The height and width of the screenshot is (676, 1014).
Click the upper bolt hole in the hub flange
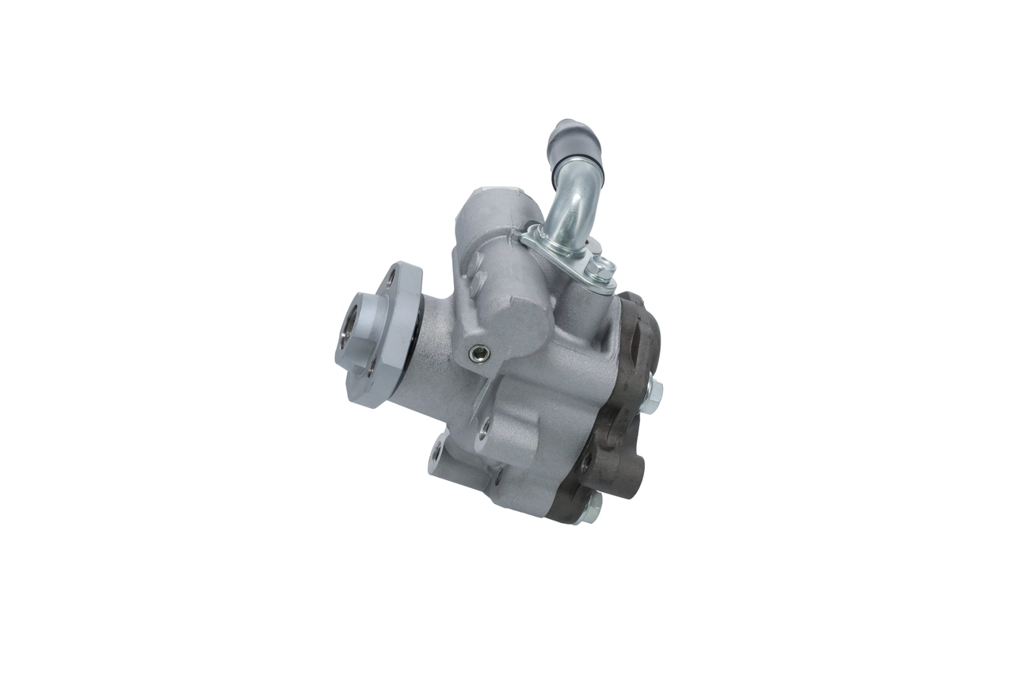click(393, 278)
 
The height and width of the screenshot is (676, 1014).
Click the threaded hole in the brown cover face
click(585, 463)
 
